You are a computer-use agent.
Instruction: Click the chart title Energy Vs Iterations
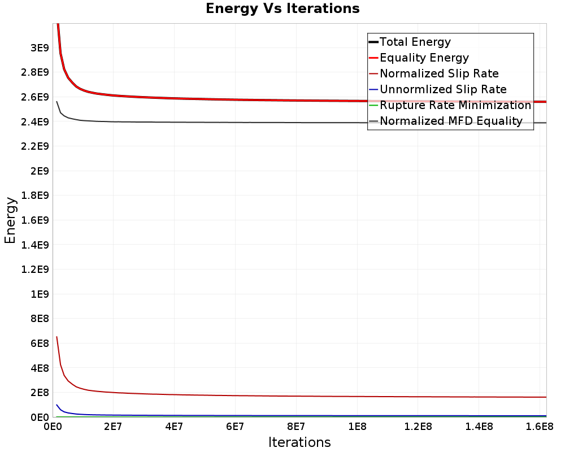click(x=282, y=9)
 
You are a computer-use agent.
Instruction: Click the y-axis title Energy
click(x=10, y=220)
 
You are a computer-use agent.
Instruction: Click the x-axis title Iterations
click(x=299, y=442)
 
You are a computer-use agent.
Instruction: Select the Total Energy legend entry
click(x=415, y=42)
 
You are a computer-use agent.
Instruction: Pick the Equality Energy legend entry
click(x=424, y=58)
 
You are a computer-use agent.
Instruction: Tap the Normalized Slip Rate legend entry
click(x=439, y=73)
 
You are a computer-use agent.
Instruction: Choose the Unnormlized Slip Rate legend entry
click(x=443, y=89)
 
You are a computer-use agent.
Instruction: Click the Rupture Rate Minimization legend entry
click(x=455, y=105)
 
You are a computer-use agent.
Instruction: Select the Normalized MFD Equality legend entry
click(x=451, y=121)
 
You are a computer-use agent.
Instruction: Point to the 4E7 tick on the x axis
click(x=174, y=426)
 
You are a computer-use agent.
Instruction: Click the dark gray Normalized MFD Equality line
click(x=226, y=122)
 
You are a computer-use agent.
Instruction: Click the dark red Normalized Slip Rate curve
click(x=226, y=394)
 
